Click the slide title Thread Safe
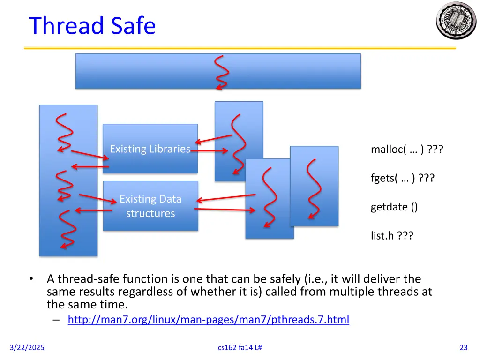92,25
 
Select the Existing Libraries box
150,149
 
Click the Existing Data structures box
150,206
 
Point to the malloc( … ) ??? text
407,150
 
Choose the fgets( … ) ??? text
402,178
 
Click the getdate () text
394,207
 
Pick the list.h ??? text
392,235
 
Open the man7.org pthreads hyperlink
208,320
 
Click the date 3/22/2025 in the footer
27,347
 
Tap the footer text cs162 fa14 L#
240,347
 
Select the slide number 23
464,347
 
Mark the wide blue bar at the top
141,71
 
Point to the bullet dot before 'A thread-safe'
31,279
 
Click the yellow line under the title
240,48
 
